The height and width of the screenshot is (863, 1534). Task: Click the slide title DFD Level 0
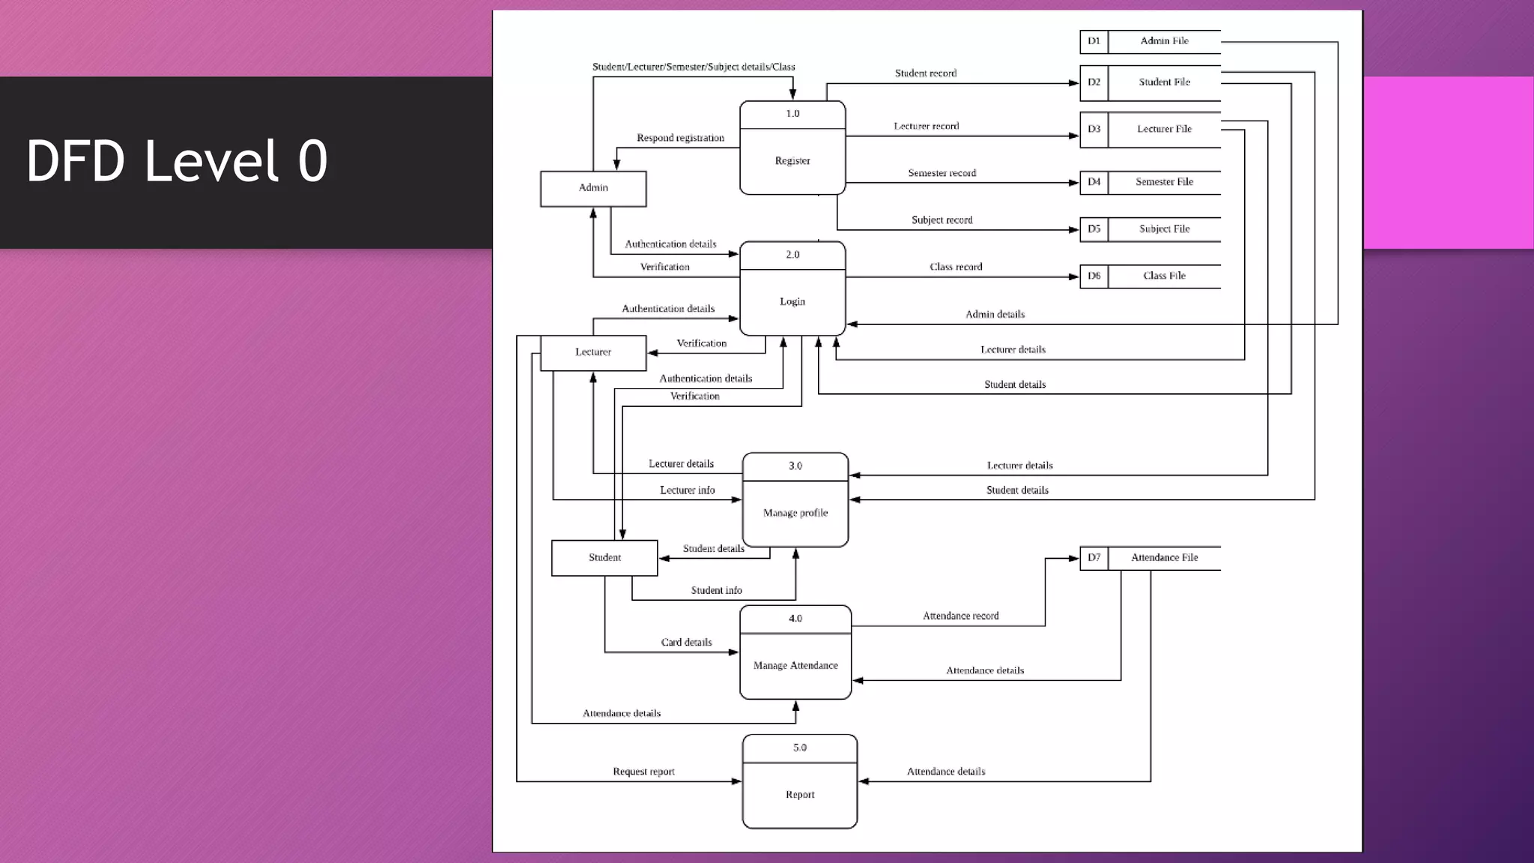click(x=177, y=160)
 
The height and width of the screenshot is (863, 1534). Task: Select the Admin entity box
click(x=593, y=189)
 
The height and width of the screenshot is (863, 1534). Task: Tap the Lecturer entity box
click(x=593, y=352)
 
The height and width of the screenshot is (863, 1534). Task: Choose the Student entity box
click(x=604, y=558)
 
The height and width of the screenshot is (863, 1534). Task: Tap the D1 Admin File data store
click(x=1150, y=41)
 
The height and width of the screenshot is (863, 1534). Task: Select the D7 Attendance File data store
click(x=1150, y=558)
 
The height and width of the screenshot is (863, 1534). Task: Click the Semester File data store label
click(x=1164, y=182)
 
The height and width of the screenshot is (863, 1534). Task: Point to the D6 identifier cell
click(x=1094, y=276)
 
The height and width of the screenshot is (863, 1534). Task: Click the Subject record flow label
click(x=942, y=220)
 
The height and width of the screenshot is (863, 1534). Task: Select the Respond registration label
click(x=680, y=138)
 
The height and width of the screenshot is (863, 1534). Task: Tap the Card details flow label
click(x=686, y=643)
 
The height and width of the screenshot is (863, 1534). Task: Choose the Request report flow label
click(x=643, y=772)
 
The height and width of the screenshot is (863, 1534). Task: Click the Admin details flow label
click(x=995, y=315)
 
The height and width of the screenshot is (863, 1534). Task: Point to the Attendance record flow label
click(x=960, y=616)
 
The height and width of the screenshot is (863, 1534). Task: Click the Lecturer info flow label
click(x=687, y=491)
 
